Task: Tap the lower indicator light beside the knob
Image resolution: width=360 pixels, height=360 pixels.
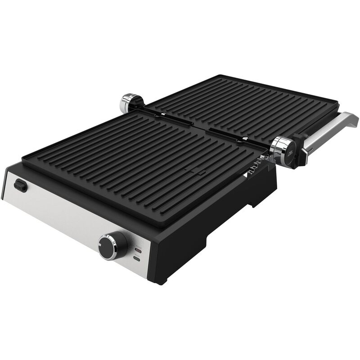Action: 136,259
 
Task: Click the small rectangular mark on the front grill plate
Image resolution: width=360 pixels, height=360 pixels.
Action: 194,171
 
